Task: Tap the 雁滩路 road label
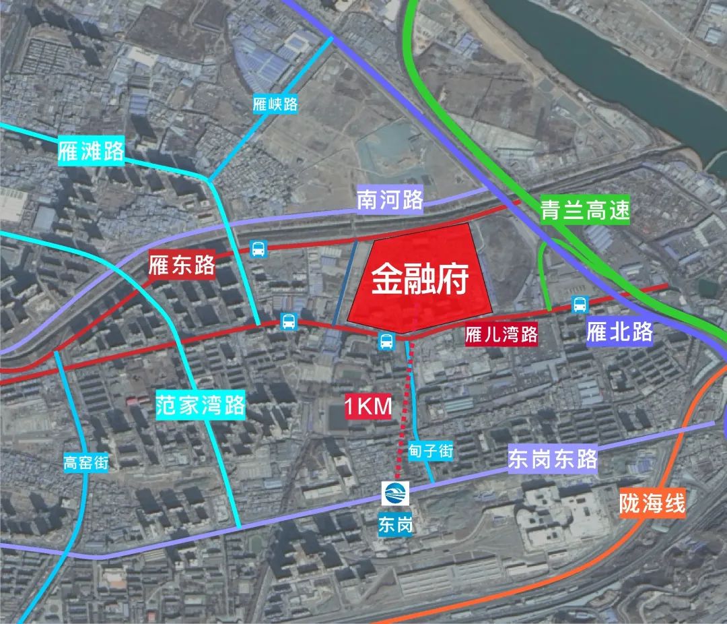pyautogui.click(x=92, y=151)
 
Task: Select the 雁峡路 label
pyautogui.click(x=275, y=104)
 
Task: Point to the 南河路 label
pyautogui.click(x=390, y=199)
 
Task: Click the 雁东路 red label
pyautogui.click(x=182, y=265)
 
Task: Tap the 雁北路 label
pyautogui.click(x=619, y=332)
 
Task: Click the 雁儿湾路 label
pyautogui.click(x=502, y=335)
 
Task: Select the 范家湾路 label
pyautogui.click(x=201, y=406)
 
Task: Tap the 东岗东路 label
pyautogui.click(x=553, y=460)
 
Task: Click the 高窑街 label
pyautogui.click(x=86, y=463)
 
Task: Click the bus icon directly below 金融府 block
pyautogui.click(x=386, y=341)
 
